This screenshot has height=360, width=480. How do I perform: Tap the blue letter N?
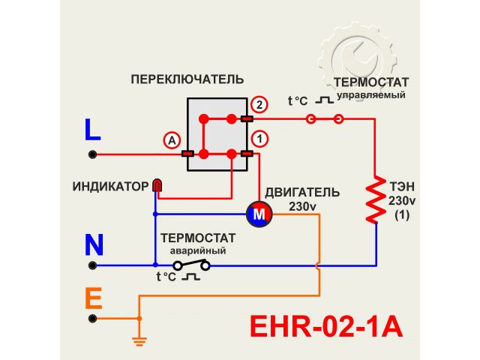(94, 245)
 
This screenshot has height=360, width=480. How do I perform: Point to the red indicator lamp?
(157, 184)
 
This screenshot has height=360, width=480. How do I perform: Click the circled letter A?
(172, 140)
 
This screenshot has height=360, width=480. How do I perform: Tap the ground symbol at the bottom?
(138, 340)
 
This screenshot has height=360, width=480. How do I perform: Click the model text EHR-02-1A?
(325, 327)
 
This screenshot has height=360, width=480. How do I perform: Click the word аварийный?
(197, 250)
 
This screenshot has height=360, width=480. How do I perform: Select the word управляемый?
(370, 95)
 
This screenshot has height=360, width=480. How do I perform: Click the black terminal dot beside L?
(93, 154)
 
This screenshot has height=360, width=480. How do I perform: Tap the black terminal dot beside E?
(93, 318)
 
